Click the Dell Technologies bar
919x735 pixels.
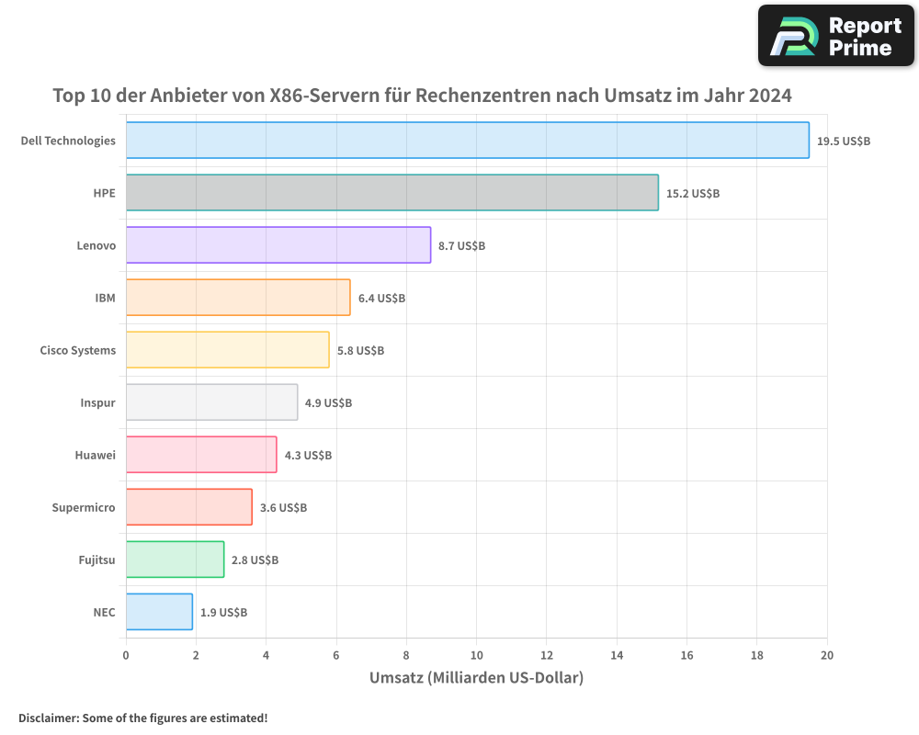click(467, 141)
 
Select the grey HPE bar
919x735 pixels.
click(391, 193)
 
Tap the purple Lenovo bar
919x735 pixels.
click(278, 245)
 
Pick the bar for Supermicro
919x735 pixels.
click(188, 507)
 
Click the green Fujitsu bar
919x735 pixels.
click(175, 560)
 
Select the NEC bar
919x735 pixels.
click(159, 612)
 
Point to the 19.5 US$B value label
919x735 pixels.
click(844, 141)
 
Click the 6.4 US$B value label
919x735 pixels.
click(381, 299)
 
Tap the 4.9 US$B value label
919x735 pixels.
click(328, 403)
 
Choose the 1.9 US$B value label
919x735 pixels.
click(223, 613)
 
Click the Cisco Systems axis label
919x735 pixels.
click(78, 350)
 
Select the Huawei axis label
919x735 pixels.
click(95, 455)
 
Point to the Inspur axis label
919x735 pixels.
click(98, 402)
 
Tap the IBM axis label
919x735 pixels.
click(105, 298)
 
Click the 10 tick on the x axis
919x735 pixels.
click(476, 655)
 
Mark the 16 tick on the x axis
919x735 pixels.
click(686, 655)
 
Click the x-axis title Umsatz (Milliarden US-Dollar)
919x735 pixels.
click(476, 678)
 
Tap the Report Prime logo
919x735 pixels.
click(835, 36)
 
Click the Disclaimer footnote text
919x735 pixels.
click(143, 718)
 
